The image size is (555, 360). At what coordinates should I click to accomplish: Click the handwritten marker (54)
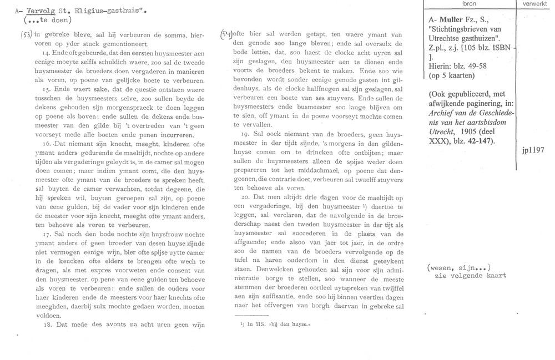click(x=226, y=33)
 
